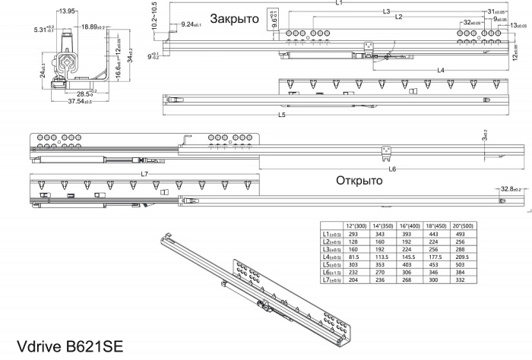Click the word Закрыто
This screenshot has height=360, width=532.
(x=234, y=17)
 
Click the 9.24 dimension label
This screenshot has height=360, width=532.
(x=192, y=25)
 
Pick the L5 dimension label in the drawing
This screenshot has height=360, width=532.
(x=281, y=115)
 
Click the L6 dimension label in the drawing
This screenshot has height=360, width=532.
(x=388, y=169)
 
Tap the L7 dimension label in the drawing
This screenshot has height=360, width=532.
(x=144, y=175)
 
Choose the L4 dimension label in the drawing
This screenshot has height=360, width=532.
(x=442, y=71)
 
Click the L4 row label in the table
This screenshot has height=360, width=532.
(x=333, y=257)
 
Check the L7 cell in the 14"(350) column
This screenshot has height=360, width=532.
(x=384, y=279)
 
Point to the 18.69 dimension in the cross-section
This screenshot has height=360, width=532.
(x=95, y=26)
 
